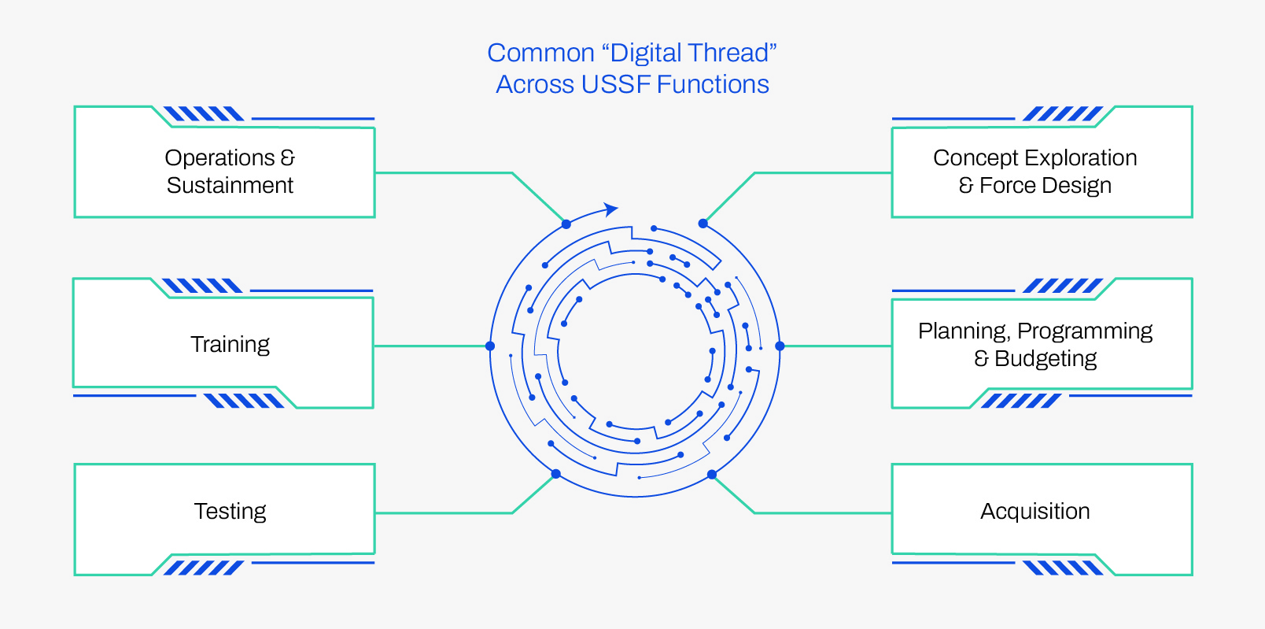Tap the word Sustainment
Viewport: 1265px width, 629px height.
coord(230,186)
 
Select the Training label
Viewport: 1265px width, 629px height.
coord(230,345)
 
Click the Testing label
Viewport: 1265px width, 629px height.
coord(230,512)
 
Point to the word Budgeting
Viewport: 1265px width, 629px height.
coord(1046,359)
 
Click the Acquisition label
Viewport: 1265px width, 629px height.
coord(1034,512)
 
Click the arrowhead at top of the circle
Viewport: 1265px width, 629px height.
coord(611,209)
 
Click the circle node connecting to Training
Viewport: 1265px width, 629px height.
coord(490,346)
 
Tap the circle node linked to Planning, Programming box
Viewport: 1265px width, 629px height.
coord(780,346)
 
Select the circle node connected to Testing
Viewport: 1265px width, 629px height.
coord(556,474)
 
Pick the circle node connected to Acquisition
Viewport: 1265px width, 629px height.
coord(712,474)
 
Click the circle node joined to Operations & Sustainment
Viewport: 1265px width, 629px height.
coord(566,224)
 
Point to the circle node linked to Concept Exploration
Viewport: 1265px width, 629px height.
coord(703,224)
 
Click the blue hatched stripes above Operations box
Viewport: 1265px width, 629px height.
coord(204,114)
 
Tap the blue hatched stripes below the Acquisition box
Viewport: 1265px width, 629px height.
coord(1063,568)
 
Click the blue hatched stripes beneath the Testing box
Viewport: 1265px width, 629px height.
coord(204,568)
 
